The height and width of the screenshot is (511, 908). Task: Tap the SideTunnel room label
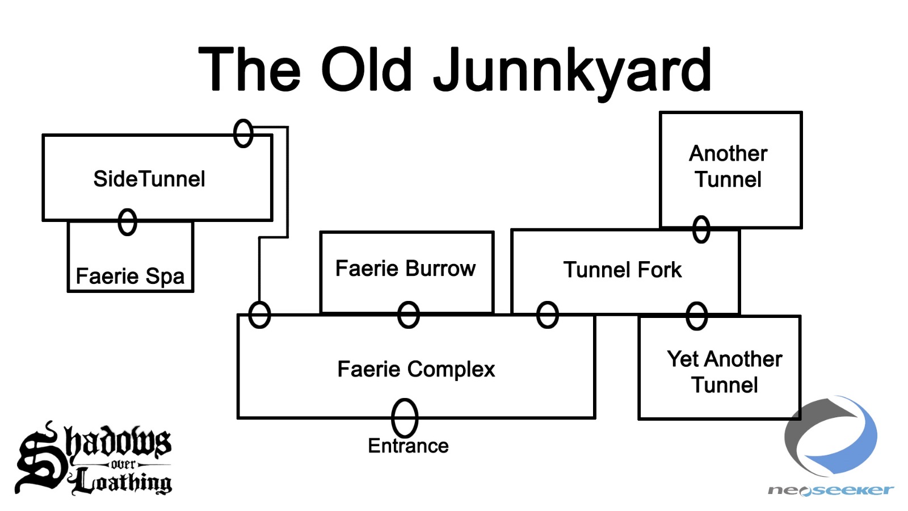149,179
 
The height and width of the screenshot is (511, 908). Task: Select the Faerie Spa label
130,277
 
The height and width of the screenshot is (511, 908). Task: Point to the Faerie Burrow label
405,269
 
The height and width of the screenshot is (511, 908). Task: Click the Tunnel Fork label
622,270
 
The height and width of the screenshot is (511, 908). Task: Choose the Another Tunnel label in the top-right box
728,166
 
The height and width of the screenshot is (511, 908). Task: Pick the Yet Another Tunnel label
724,372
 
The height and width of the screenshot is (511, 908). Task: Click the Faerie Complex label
416,369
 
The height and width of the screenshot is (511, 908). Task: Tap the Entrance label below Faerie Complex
408,446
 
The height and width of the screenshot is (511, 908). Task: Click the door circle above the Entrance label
405,418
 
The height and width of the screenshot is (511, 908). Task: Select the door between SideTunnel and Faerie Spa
128,222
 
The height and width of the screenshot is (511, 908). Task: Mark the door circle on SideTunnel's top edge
243,133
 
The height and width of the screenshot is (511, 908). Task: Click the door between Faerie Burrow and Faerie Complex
409,315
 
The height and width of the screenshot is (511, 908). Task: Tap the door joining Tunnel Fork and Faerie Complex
548,315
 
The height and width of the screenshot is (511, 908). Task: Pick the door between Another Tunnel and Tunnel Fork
701,229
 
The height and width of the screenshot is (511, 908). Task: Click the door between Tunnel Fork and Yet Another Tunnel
697,316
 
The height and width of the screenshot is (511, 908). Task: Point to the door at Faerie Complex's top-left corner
259,315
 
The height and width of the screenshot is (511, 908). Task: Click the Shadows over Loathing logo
94,459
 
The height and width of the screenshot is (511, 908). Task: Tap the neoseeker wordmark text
830,490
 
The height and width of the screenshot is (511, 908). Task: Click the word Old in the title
367,70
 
